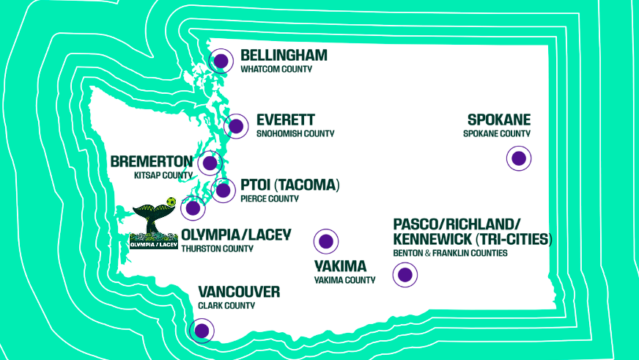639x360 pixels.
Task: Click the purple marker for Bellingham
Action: click(221, 61)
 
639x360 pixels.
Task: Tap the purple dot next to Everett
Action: click(236, 126)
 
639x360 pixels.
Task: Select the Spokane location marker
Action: click(519, 158)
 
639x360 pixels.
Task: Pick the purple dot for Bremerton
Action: click(210, 164)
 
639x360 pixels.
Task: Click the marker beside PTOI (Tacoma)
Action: click(223, 190)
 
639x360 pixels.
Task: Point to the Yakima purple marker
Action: click(326, 240)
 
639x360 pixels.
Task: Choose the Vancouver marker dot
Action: click(202, 331)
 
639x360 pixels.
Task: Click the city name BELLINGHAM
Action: click(284, 56)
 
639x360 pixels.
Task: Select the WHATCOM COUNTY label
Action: click(276, 69)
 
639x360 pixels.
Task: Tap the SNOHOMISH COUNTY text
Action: click(295, 133)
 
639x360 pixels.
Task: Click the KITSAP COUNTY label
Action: click(163, 175)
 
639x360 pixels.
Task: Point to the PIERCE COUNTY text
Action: click(270, 198)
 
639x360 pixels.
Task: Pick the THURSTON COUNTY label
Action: click(217, 249)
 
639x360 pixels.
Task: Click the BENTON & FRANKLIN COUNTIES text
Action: click(450, 253)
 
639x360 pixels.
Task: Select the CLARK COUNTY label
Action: click(226, 306)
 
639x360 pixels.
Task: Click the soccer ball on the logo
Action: click(171, 202)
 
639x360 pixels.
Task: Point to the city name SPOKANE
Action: click(498, 120)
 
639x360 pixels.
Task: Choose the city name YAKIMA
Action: click(340, 266)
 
